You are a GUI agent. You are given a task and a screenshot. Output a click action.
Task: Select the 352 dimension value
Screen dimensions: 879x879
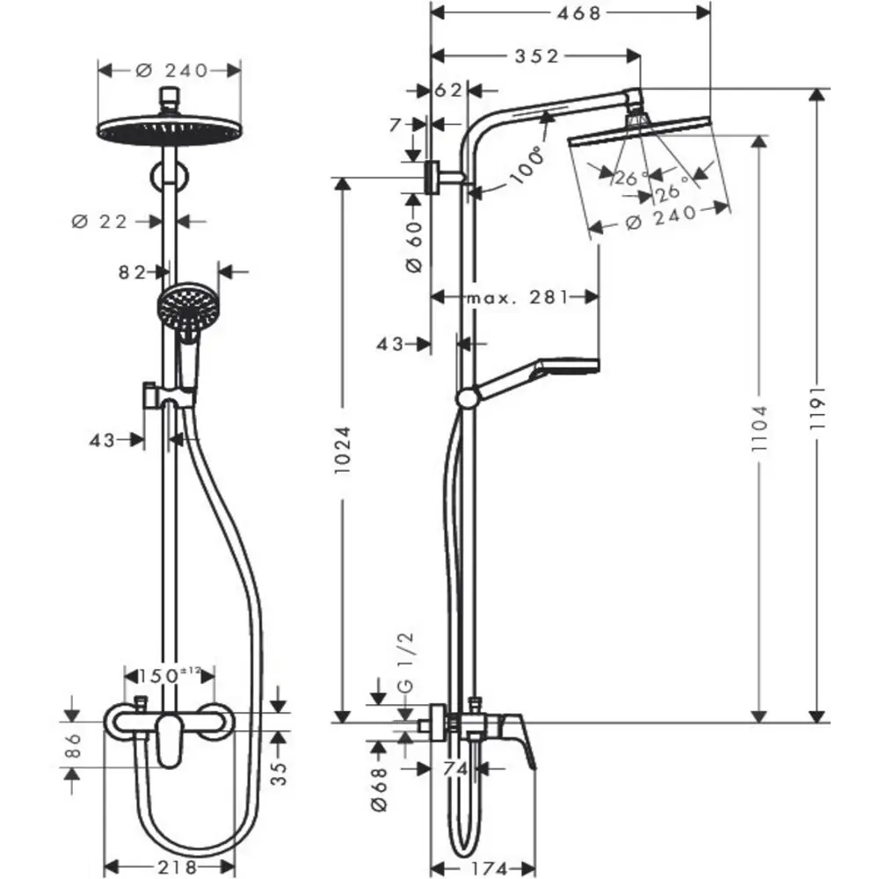point(538,56)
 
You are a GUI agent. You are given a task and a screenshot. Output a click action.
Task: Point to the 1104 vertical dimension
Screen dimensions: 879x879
point(761,429)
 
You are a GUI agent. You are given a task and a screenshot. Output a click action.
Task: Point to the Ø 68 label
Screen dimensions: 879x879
point(379,788)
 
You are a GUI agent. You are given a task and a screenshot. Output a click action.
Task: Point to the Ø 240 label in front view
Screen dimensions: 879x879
point(172,70)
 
